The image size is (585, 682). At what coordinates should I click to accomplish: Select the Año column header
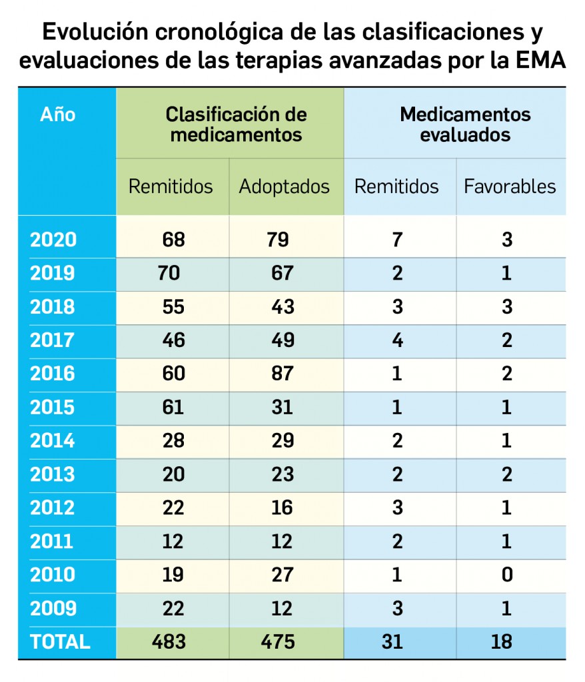click(x=58, y=115)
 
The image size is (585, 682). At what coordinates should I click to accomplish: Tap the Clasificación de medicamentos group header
click(x=236, y=124)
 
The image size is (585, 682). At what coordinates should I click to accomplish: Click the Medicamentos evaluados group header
click(x=465, y=124)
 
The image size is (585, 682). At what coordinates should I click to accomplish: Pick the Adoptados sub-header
click(x=284, y=186)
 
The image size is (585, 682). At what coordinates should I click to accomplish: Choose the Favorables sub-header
click(x=510, y=186)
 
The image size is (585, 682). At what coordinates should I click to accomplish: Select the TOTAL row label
click(x=60, y=641)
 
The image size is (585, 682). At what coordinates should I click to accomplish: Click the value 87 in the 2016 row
click(x=283, y=374)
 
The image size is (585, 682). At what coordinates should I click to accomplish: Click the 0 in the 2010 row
click(x=507, y=575)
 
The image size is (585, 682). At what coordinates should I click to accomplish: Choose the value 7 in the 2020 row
click(x=397, y=240)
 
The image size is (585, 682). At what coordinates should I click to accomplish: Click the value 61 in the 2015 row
click(x=173, y=407)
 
